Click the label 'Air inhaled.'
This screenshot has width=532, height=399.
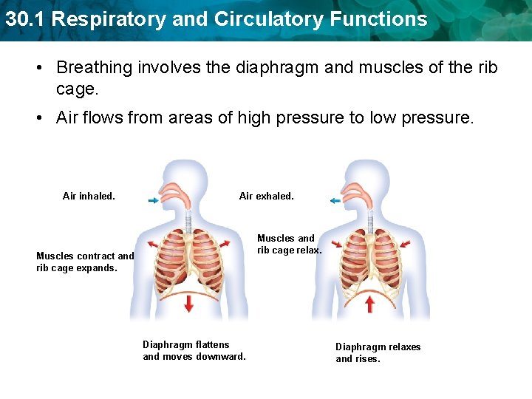(x=89, y=197)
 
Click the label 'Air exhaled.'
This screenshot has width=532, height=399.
(x=266, y=197)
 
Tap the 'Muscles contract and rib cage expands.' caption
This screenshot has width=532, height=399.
(x=85, y=262)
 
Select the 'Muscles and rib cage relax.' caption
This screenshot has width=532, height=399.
(x=289, y=245)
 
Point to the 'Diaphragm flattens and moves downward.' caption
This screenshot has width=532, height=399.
(x=194, y=351)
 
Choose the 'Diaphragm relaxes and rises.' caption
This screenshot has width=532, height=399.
(x=378, y=352)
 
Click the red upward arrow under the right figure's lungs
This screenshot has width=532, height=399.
(x=370, y=303)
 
